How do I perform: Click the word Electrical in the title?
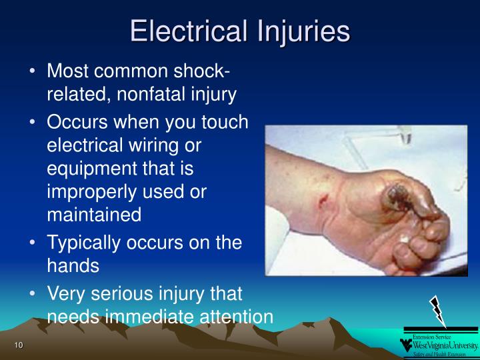(188, 32)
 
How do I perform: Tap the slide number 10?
(18, 344)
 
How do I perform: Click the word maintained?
(94, 215)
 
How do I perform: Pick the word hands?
(73, 265)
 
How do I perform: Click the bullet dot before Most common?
(33, 71)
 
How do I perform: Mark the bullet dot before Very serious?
(33, 293)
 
